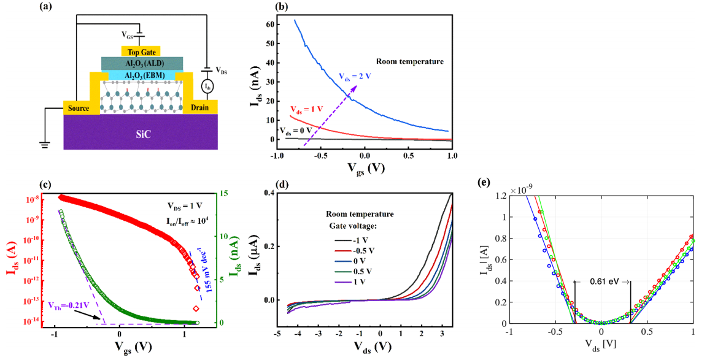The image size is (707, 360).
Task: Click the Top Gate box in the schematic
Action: pos(141,51)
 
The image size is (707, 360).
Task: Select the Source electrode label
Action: pos(82,108)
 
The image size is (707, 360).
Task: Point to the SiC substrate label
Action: pos(140,132)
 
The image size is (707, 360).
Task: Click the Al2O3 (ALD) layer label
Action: pos(141,64)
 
